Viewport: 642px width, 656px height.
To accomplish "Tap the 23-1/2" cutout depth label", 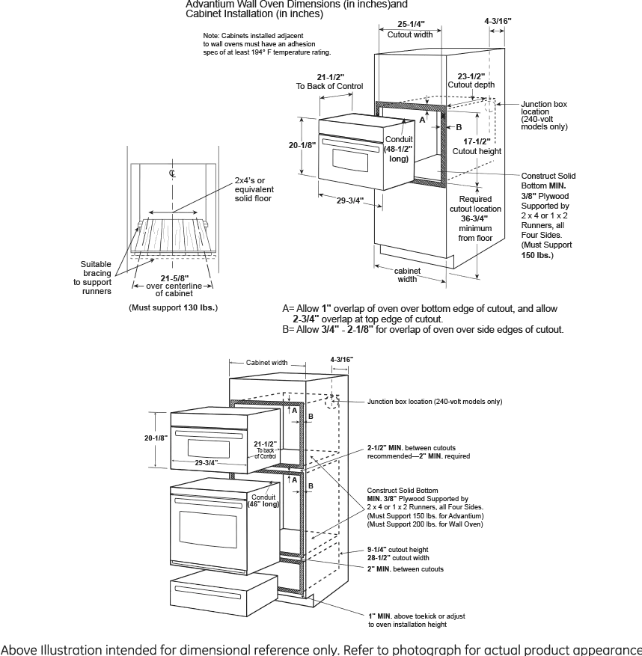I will (x=470, y=81).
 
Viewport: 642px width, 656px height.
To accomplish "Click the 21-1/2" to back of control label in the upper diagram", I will (x=329, y=82).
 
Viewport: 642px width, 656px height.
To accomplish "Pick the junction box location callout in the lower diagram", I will (x=434, y=402).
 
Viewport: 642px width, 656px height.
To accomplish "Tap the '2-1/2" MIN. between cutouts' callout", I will (x=418, y=451).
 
